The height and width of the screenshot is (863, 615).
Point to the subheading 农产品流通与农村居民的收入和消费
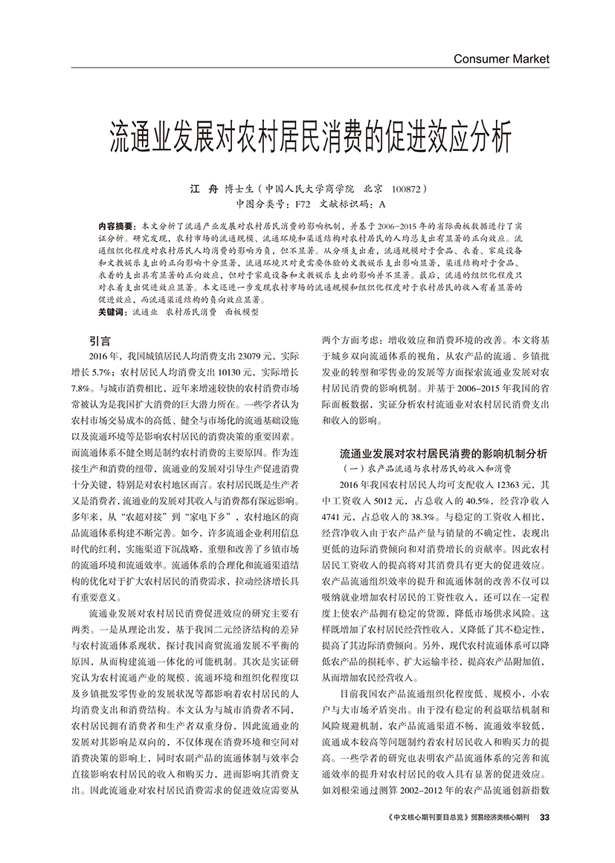click(x=435, y=468)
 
